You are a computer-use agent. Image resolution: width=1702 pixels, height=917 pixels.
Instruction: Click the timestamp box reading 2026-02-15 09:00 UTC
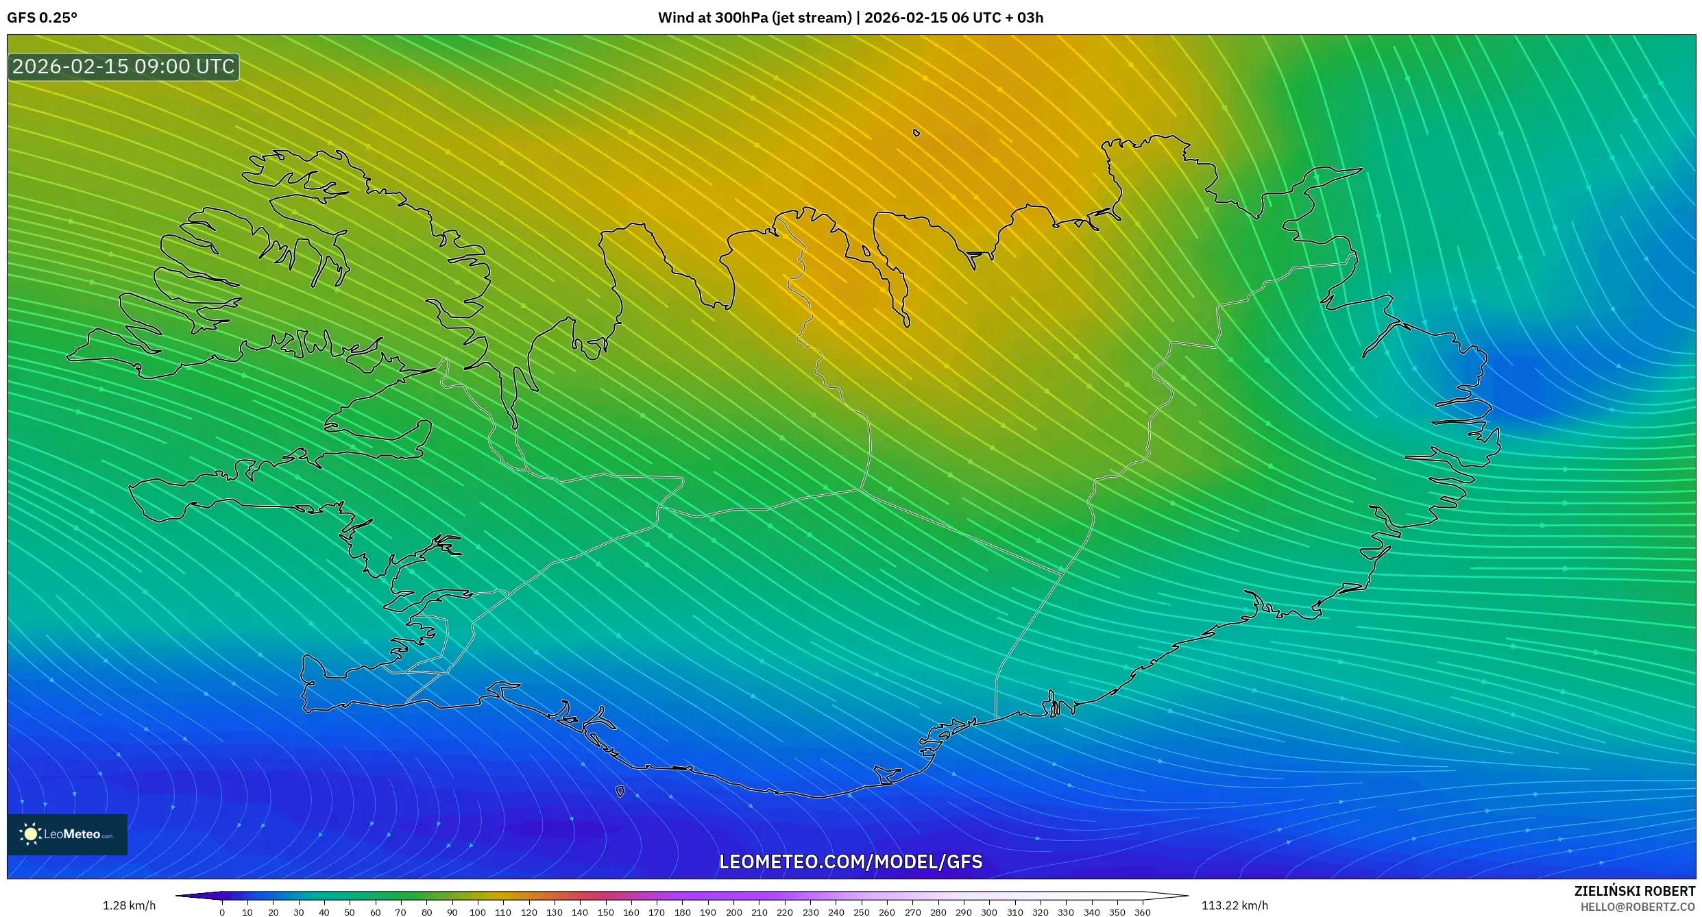[x=123, y=66]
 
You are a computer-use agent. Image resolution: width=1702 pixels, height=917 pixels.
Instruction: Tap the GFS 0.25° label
[x=42, y=18]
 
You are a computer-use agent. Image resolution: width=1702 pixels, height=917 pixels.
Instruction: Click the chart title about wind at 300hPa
[x=850, y=18]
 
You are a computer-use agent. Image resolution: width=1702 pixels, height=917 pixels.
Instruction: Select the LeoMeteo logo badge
[x=67, y=834]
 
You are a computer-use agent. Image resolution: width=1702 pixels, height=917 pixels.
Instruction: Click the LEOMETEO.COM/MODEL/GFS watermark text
[x=850, y=861]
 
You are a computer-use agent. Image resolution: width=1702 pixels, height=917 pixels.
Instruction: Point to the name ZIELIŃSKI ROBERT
[x=1634, y=891]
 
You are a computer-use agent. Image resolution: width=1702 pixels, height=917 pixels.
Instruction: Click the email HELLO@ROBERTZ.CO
[x=1638, y=907]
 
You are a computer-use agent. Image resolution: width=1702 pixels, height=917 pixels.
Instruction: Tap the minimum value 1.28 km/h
[x=129, y=905]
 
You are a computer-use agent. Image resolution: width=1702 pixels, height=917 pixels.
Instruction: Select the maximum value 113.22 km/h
[x=1235, y=905]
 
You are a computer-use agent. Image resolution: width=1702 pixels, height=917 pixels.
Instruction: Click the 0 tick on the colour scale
[x=222, y=912]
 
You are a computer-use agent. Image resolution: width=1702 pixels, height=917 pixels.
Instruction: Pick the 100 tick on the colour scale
[x=478, y=912]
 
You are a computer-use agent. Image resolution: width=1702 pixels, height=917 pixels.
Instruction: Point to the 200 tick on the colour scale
[x=733, y=912]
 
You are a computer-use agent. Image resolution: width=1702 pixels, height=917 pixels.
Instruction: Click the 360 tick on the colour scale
[x=1142, y=912]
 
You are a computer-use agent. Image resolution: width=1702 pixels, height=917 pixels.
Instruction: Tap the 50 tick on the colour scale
[x=350, y=912]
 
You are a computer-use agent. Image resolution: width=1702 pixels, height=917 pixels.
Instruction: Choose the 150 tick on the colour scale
[x=605, y=912]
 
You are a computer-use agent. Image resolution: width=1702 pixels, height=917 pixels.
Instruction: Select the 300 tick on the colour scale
[x=988, y=912]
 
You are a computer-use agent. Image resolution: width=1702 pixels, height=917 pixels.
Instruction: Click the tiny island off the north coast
[x=916, y=133]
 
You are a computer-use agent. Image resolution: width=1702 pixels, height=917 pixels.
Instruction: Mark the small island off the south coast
[x=620, y=792]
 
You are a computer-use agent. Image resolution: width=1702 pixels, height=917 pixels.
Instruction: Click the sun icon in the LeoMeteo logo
[x=30, y=834]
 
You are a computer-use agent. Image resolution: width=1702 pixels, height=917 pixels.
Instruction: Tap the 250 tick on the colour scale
[x=861, y=912]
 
